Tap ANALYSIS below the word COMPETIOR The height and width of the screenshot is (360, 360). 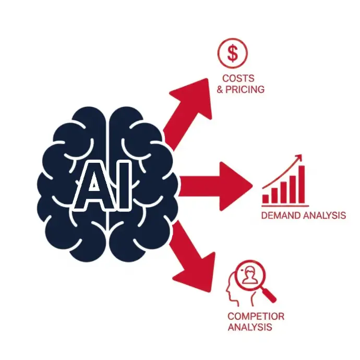[249, 327]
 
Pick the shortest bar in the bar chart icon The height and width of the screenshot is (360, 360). [266, 199]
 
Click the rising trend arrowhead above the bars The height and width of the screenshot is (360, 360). [299, 157]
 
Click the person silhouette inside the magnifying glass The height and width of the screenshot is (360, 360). [249, 275]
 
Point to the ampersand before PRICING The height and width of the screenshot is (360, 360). [220, 89]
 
